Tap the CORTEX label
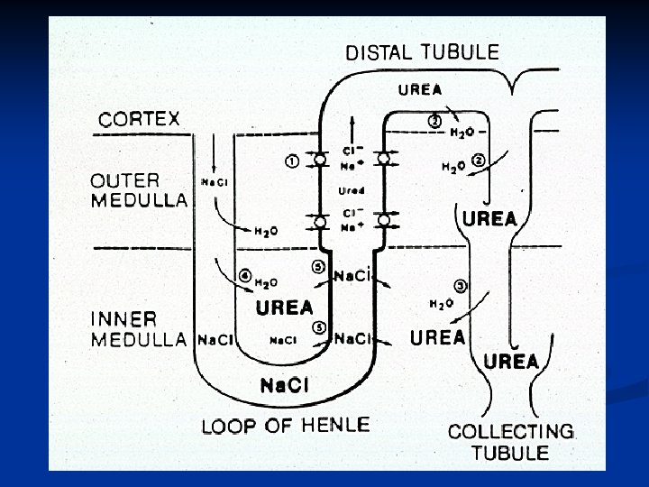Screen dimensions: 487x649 tap(140, 118)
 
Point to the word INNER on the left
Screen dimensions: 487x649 tap(124, 319)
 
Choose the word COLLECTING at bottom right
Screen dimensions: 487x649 tap(511, 431)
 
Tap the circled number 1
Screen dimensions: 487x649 tap(292, 161)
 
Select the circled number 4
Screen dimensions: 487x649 tap(243, 276)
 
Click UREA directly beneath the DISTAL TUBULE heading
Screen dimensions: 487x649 tap(420, 88)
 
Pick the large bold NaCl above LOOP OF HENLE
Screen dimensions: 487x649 tap(284, 386)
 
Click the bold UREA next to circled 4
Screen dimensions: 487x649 tap(284, 308)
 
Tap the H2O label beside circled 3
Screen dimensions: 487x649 tap(441, 304)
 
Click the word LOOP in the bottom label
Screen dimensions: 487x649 tap(230, 425)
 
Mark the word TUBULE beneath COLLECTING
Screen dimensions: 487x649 tap(511, 452)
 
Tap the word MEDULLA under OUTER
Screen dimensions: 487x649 tap(140, 200)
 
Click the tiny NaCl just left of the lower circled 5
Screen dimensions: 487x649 tap(284, 340)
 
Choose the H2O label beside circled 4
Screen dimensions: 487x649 tap(267, 281)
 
